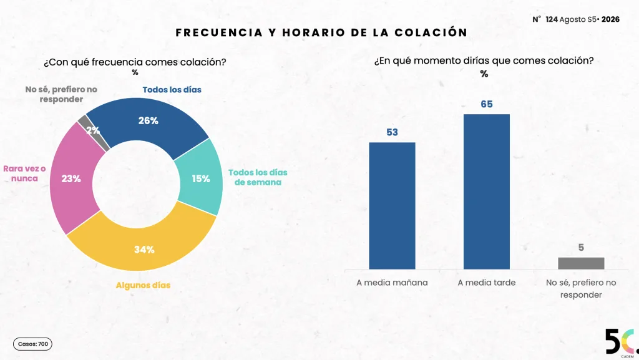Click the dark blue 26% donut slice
point(149,120)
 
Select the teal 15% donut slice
point(200,178)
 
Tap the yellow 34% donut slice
point(144,249)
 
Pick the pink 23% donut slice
point(71,178)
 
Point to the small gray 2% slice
point(93,131)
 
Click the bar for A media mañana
point(392,206)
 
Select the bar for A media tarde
point(487,192)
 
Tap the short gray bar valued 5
point(581,263)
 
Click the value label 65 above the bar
point(487,104)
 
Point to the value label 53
point(392,132)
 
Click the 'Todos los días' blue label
point(172,90)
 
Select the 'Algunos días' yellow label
point(143,285)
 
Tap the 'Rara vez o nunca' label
point(24,173)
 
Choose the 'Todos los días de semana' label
point(258,177)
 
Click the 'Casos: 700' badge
point(32,344)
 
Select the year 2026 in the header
point(610,19)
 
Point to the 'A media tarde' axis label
point(487,283)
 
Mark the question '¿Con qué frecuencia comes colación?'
point(135,62)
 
